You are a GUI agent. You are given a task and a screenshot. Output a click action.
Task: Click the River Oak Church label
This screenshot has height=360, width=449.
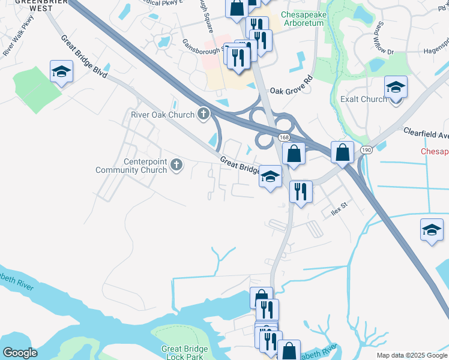pos(163,115)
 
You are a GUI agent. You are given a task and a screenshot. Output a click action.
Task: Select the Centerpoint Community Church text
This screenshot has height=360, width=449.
pos(133,166)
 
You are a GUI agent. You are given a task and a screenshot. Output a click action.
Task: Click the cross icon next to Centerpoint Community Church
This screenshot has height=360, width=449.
pos(176,164)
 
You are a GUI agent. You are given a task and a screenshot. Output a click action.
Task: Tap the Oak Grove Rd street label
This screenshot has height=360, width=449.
pos(292,86)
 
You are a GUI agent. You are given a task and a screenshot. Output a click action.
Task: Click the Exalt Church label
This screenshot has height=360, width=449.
pos(364,99)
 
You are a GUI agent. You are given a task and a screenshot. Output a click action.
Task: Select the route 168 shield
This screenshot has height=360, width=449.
pos(285,138)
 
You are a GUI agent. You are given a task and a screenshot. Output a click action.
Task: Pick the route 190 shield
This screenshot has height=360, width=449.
pos(366,148)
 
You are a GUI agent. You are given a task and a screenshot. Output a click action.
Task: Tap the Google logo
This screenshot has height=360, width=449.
pos(20,352)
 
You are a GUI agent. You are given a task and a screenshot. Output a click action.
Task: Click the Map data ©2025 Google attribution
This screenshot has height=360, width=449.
pos(412,355)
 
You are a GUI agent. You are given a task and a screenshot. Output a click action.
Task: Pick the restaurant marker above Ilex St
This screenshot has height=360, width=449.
pos(300,192)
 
